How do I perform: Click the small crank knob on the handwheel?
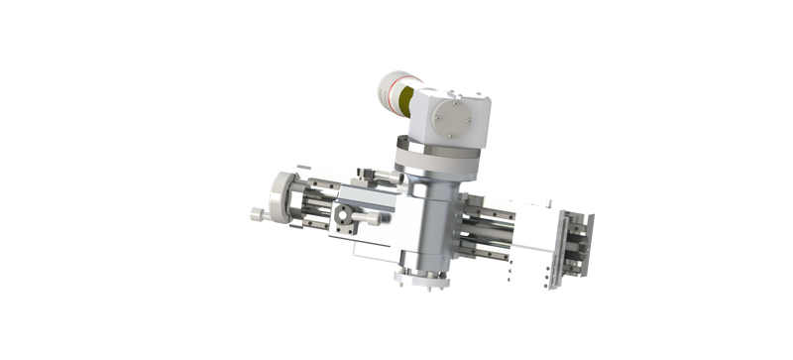(256, 213)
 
